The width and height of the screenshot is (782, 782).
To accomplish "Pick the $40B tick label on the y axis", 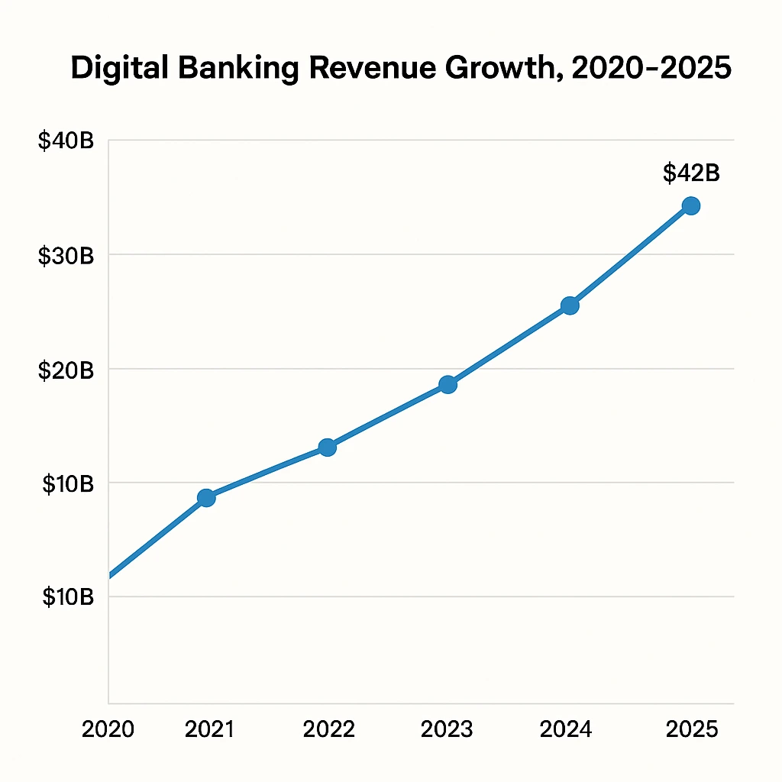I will pyautogui.click(x=66, y=141).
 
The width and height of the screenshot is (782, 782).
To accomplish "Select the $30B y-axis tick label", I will pyautogui.click(x=66, y=256).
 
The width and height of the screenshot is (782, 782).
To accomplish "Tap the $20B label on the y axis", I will pyautogui.click(x=66, y=370).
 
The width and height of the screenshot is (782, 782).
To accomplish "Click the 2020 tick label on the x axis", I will pyautogui.click(x=108, y=729).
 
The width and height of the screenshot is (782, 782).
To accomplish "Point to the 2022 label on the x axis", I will pyautogui.click(x=329, y=729).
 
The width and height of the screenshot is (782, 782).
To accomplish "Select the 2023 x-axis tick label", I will pyautogui.click(x=448, y=729).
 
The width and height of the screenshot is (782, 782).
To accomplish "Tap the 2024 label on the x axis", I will pyautogui.click(x=566, y=729).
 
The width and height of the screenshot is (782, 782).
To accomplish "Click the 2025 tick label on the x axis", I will pyautogui.click(x=692, y=729).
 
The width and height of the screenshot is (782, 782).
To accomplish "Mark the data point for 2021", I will pyautogui.click(x=206, y=498).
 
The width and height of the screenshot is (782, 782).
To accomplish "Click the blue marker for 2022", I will pyautogui.click(x=327, y=448).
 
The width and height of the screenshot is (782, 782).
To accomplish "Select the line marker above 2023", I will pyautogui.click(x=448, y=385).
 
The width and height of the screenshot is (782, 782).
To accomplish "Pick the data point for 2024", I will pyautogui.click(x=570, y=306).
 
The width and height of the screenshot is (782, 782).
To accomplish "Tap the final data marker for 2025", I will pyautogui.click(x=691, y=205).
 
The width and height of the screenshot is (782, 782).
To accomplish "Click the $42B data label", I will pyautogui.click(x=691, y=173).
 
